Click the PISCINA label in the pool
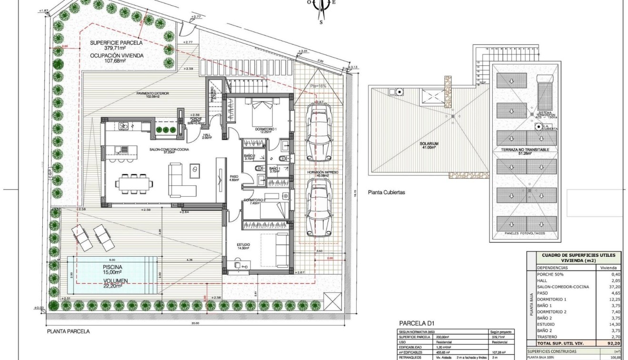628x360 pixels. click(112, 267)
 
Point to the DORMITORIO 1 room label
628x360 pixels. click(266, 129)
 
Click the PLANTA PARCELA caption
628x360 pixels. click(68, 331)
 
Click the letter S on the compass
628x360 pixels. click(321, 21)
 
